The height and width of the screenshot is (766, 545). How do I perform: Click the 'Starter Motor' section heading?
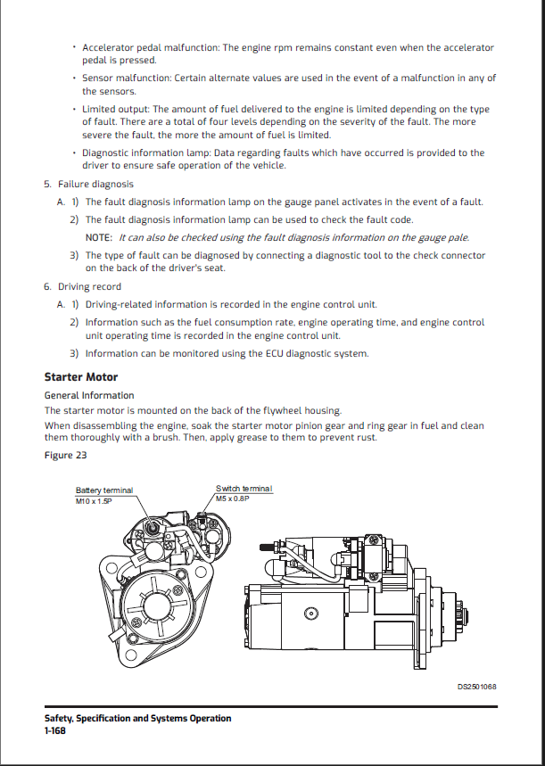pyautogui.click(x=80, y=377)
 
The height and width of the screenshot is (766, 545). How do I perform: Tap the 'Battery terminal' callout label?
pyautogui.click(x=104, y=490)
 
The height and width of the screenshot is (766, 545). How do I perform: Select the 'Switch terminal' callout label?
pyautogui.click(x=244, y=489)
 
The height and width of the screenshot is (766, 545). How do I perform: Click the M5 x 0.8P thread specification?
pyautogui.click(x=234, y=498)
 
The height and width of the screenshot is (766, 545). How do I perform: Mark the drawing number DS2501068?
pyautogui.click(x=476, y=687)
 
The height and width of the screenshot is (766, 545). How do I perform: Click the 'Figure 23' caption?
pyautogui.click(x=65, y=456)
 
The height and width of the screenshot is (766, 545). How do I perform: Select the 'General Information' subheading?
pyautogui.click(x=89, y=395)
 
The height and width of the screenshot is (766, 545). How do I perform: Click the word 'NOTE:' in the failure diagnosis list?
pyautogui.click(x=99, y=237)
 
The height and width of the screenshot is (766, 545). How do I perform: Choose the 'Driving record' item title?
pyautogui.click(x=89, y=287)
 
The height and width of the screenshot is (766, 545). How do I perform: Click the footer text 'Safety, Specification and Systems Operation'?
pyautogui.click(x=137, y=718)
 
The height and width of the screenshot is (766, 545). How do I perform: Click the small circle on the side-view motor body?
pyautogui.click(x=310, y=614)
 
